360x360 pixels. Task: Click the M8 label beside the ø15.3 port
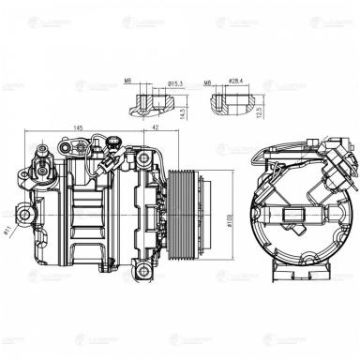pos(128,82)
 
